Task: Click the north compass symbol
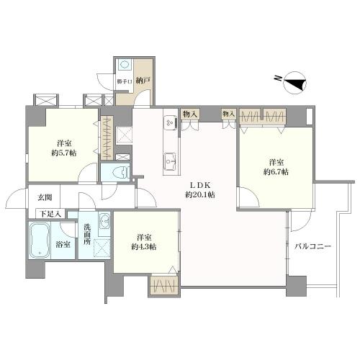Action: click(x=295, y=83)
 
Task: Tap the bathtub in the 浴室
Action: click(x=40, y=240)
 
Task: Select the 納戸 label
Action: click(x=143, y=81)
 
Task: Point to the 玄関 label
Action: click(x=45, y=197)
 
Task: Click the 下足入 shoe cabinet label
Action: click(x=50, y=214)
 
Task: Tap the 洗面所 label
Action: click(x=87, y=234)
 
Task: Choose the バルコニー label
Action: click(x=312, y=246)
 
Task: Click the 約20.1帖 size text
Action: click(x=199, y=194)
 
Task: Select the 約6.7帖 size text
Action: click(x=276, y=172)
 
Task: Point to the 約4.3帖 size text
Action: click(x=144, y=246)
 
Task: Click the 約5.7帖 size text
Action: click(x=64, y=153)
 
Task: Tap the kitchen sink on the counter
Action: click(x=171, y=161)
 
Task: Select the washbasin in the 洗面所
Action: click(x=104, y=220)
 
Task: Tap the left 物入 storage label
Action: click(x=190, y=114)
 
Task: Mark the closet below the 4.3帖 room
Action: click(x=164, y=285)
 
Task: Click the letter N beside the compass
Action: click(x=278, y=78)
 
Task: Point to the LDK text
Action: click(x=200, y=185)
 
